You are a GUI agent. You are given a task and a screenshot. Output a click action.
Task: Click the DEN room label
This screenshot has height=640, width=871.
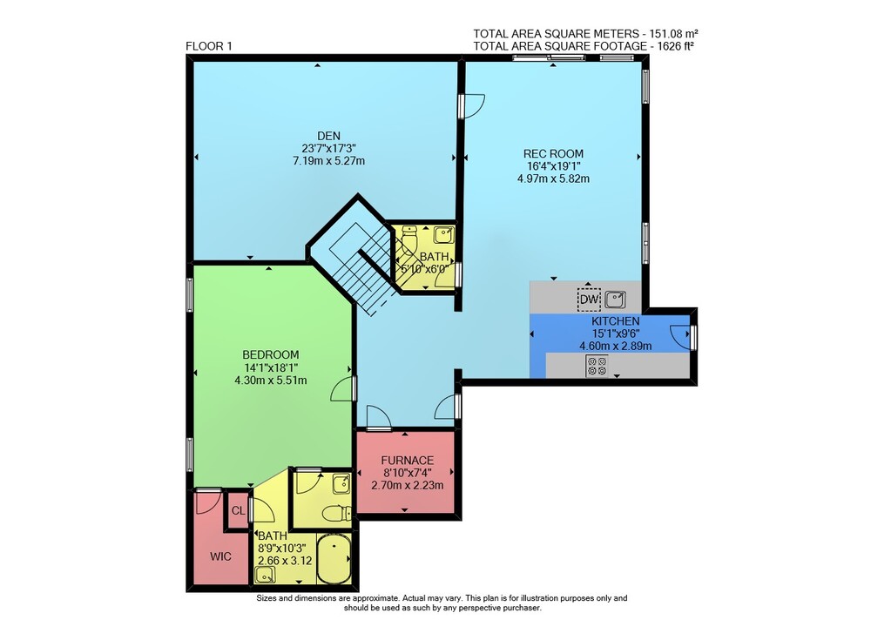coord(329,136)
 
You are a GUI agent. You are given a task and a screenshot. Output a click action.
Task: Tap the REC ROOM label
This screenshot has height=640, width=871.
coord(553,154)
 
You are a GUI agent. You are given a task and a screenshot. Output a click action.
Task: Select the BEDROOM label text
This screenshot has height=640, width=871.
coord(271,355)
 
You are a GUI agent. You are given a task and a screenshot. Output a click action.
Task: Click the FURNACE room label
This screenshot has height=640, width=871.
coord(407,461)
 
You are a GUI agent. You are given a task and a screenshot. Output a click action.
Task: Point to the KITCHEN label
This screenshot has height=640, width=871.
coord(616,321)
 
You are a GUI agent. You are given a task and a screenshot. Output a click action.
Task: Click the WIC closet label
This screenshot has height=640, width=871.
coord(220,556)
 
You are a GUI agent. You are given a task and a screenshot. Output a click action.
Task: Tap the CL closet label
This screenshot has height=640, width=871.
coord(239,510)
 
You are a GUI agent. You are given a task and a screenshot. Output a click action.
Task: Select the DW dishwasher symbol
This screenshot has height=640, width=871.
coord(589,300)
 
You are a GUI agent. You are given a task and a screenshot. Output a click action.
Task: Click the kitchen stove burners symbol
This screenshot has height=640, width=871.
coord(597,366)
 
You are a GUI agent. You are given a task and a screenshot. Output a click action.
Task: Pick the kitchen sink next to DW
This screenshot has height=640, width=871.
coord(615,300)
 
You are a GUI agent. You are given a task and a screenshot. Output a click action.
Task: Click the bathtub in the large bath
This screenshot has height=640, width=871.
coord(334,559)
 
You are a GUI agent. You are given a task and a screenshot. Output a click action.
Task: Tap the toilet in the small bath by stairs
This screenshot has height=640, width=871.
coord(409,239)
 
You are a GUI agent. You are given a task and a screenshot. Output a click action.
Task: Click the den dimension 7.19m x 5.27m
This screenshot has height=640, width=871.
coord(329,161)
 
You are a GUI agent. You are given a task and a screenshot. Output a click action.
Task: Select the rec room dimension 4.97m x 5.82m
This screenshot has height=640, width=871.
coord(553,179)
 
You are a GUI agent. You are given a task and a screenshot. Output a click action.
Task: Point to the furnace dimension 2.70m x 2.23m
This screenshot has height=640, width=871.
coord(407,486)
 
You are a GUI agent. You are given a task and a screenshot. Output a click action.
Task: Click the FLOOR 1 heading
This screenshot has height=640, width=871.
coord(209,46)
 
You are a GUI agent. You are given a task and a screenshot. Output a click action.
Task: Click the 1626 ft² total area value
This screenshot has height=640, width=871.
coord(676,46)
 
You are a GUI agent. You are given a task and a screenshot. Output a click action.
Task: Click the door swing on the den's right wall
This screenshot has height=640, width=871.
coord(473,106)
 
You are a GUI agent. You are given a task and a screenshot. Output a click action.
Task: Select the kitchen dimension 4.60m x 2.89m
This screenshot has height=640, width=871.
coord(616,346)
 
